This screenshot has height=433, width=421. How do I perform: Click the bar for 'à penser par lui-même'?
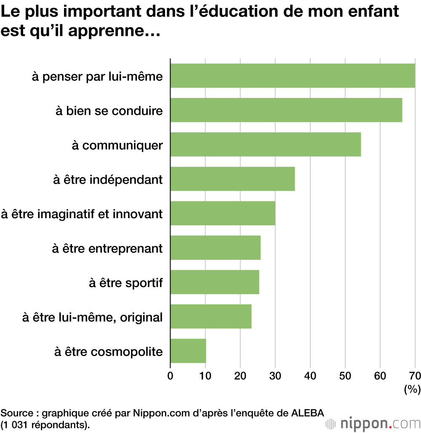click(x=293, y=76)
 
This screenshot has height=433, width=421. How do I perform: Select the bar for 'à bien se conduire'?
click(x=286, y=110)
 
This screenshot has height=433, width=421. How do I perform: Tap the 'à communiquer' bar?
click(x=265, y=145)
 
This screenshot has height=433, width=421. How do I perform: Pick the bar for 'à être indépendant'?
click(x=232, y=179)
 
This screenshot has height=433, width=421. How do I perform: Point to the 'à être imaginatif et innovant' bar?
click(x=223, y=214)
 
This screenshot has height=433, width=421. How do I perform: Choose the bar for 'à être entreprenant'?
click(x=215, y=248)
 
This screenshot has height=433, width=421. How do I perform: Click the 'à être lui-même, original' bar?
click(x=211, y=317)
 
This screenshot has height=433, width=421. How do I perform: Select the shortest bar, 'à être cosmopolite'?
click(x=188, y=351)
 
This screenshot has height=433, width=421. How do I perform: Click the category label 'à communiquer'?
click(x=117, y=145)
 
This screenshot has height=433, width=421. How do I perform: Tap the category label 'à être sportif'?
click(x=125, y=283)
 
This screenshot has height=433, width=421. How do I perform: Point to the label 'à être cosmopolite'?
click(x=108, y=351)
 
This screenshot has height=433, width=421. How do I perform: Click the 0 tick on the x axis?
click(x=170, y=375)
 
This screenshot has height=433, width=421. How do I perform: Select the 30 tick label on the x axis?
click(x=275, y=375)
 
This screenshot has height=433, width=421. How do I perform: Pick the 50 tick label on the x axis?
click(x=345, y=375)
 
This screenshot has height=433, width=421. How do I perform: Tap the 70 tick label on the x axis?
click(x=415, y=375)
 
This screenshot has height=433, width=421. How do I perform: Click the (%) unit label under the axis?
click(x=412, y=390)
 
